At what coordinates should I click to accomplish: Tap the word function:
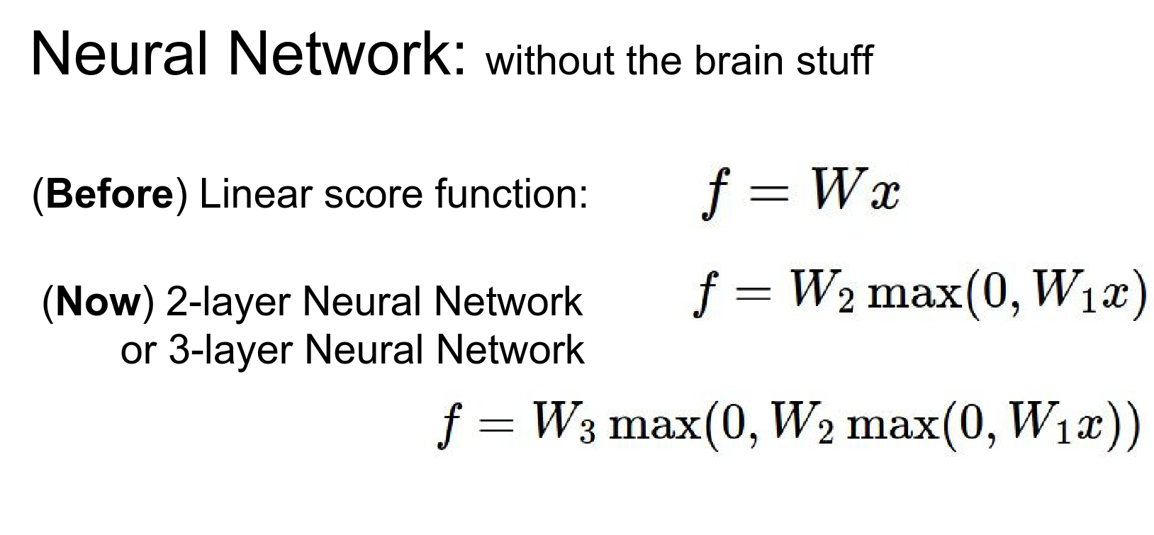(511, 193)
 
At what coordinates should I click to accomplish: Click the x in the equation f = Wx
(885, 193)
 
